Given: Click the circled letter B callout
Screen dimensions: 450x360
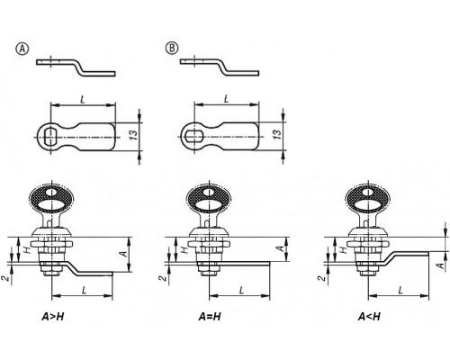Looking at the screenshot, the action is pos(172,49).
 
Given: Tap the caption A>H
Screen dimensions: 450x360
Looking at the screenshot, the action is pos(53,317).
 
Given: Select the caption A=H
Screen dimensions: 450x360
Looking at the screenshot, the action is pos(210,317).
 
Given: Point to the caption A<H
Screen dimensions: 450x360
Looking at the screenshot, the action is pos(369,317).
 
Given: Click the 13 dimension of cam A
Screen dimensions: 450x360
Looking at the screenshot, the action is pos(134,135).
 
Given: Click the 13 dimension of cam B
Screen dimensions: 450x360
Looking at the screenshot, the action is pos(278,134).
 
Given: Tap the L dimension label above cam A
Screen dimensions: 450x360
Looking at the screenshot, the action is pos(83,99).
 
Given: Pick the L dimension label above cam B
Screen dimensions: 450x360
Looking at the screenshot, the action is pos(226,98).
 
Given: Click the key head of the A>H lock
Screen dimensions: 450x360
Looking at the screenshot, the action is pos(51,199).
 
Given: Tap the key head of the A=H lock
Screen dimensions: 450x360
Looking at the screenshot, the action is pos(209,199).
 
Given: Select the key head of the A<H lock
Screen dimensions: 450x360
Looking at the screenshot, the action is pos(368,199).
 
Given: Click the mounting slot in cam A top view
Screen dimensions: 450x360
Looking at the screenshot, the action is pos(50,137).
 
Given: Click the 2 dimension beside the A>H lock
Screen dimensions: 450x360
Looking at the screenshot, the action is pos(5,278).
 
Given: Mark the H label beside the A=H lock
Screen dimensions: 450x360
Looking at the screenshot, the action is pos(185,249).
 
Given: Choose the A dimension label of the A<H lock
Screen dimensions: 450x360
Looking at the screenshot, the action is pos(440,265).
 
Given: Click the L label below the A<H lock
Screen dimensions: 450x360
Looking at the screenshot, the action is pos(400,290).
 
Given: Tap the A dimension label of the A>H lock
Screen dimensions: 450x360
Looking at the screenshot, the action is pos(123,254).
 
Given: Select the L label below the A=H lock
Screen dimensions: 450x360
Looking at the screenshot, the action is pos(241,290).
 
